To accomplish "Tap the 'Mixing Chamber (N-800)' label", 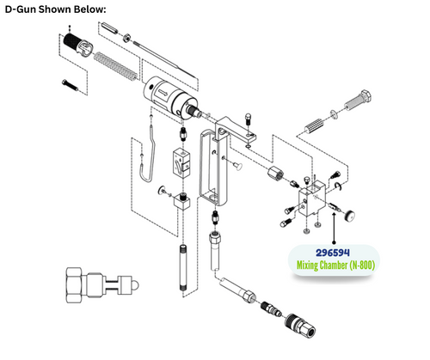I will (x=331, y=266).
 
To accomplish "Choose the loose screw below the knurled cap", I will (x=69, y=83).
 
